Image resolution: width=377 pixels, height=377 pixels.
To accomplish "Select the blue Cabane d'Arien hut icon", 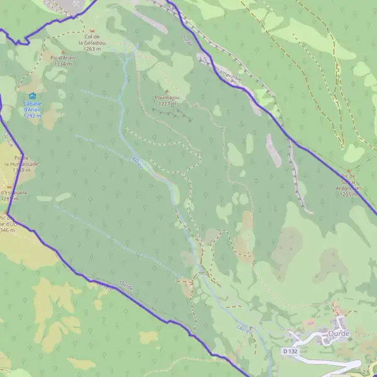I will pyautogui.click(x=32, y=96).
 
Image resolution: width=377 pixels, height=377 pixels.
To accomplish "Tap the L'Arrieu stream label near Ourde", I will pyautogui.click(x=244, y=330).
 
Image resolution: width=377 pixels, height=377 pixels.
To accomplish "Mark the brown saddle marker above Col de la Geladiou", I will pyautogui.click(x=93, y=30).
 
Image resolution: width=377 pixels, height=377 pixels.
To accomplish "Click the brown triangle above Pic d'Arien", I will pyautogui.click(x=63, y=53).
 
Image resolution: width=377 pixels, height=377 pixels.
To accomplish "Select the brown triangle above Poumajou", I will pyautogui.click(x=167, y=91).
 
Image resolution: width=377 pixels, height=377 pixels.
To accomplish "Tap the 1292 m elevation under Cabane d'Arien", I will pyautogui.click(x=32, y=116).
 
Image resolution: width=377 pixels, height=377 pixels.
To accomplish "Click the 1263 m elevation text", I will pyautogui.click(x=92, y=48).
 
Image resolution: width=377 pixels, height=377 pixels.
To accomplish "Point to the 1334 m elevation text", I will pyautogui.click(x=63, y=64).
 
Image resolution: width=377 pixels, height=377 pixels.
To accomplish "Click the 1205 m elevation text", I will pyautogui.click(x=349, y=195).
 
